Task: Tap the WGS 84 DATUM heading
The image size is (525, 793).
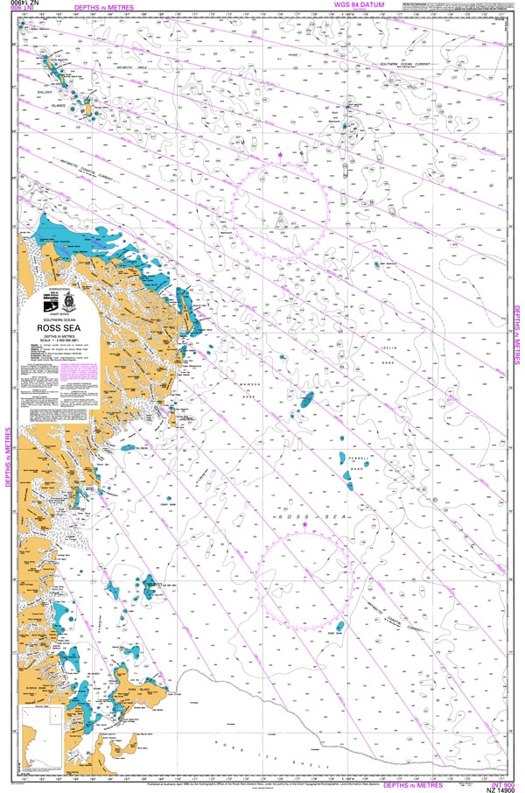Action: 365,5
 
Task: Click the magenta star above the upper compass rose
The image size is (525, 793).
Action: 281,155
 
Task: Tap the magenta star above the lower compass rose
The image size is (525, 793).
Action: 305,524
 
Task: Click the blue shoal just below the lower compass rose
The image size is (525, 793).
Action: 339,627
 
